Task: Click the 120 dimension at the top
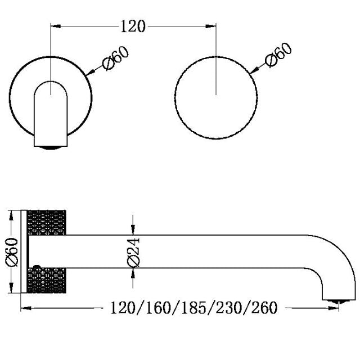[x=133, y=26]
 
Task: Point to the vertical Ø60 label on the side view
[x=14, y=251]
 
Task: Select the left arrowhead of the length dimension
[x=25, y=308]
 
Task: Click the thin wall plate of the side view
[x=24, y=251]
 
